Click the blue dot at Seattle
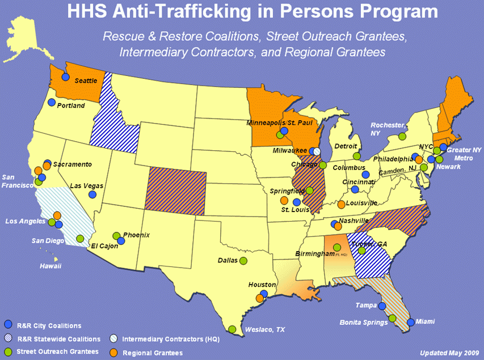point(65,77)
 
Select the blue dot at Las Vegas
point(92,194)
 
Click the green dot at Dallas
point(243,261)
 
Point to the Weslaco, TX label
point(266,329)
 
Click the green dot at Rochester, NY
point(402,136)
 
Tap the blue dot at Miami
point(411,322)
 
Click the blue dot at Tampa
point(382,306)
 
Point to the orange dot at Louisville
point(341,205)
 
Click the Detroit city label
point(346,146)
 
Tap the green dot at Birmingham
point(336,248)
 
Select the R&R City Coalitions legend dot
point(8,324)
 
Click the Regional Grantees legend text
point(153,353)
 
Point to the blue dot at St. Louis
point(296,202)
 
